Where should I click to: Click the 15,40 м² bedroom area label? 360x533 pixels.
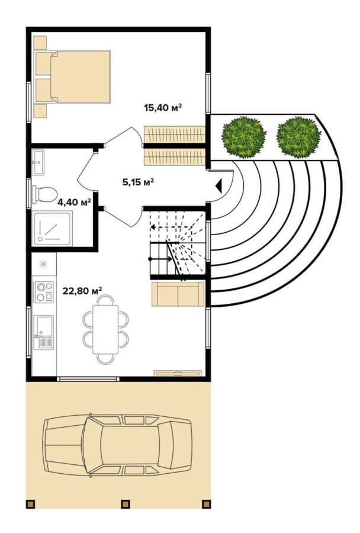point(162,108)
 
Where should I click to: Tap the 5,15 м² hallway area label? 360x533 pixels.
point(138,182)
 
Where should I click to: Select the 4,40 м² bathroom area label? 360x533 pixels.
point(74,203)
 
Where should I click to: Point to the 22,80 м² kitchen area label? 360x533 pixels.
point(83,291)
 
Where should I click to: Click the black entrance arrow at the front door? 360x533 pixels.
point(218,185)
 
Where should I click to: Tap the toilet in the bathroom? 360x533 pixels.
point(44,194)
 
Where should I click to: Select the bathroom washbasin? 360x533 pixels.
point(38,162)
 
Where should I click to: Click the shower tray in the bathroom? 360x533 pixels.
point(52,228)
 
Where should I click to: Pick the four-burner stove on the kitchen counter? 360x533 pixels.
point(44,292)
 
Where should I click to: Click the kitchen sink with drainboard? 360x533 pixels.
point(44,332)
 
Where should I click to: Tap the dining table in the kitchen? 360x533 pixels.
point(106,329)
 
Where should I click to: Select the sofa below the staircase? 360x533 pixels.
point(178,294)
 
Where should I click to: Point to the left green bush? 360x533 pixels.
point(244,137)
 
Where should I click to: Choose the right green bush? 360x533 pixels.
point(298,137)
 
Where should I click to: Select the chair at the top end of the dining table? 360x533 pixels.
point(106,300)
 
